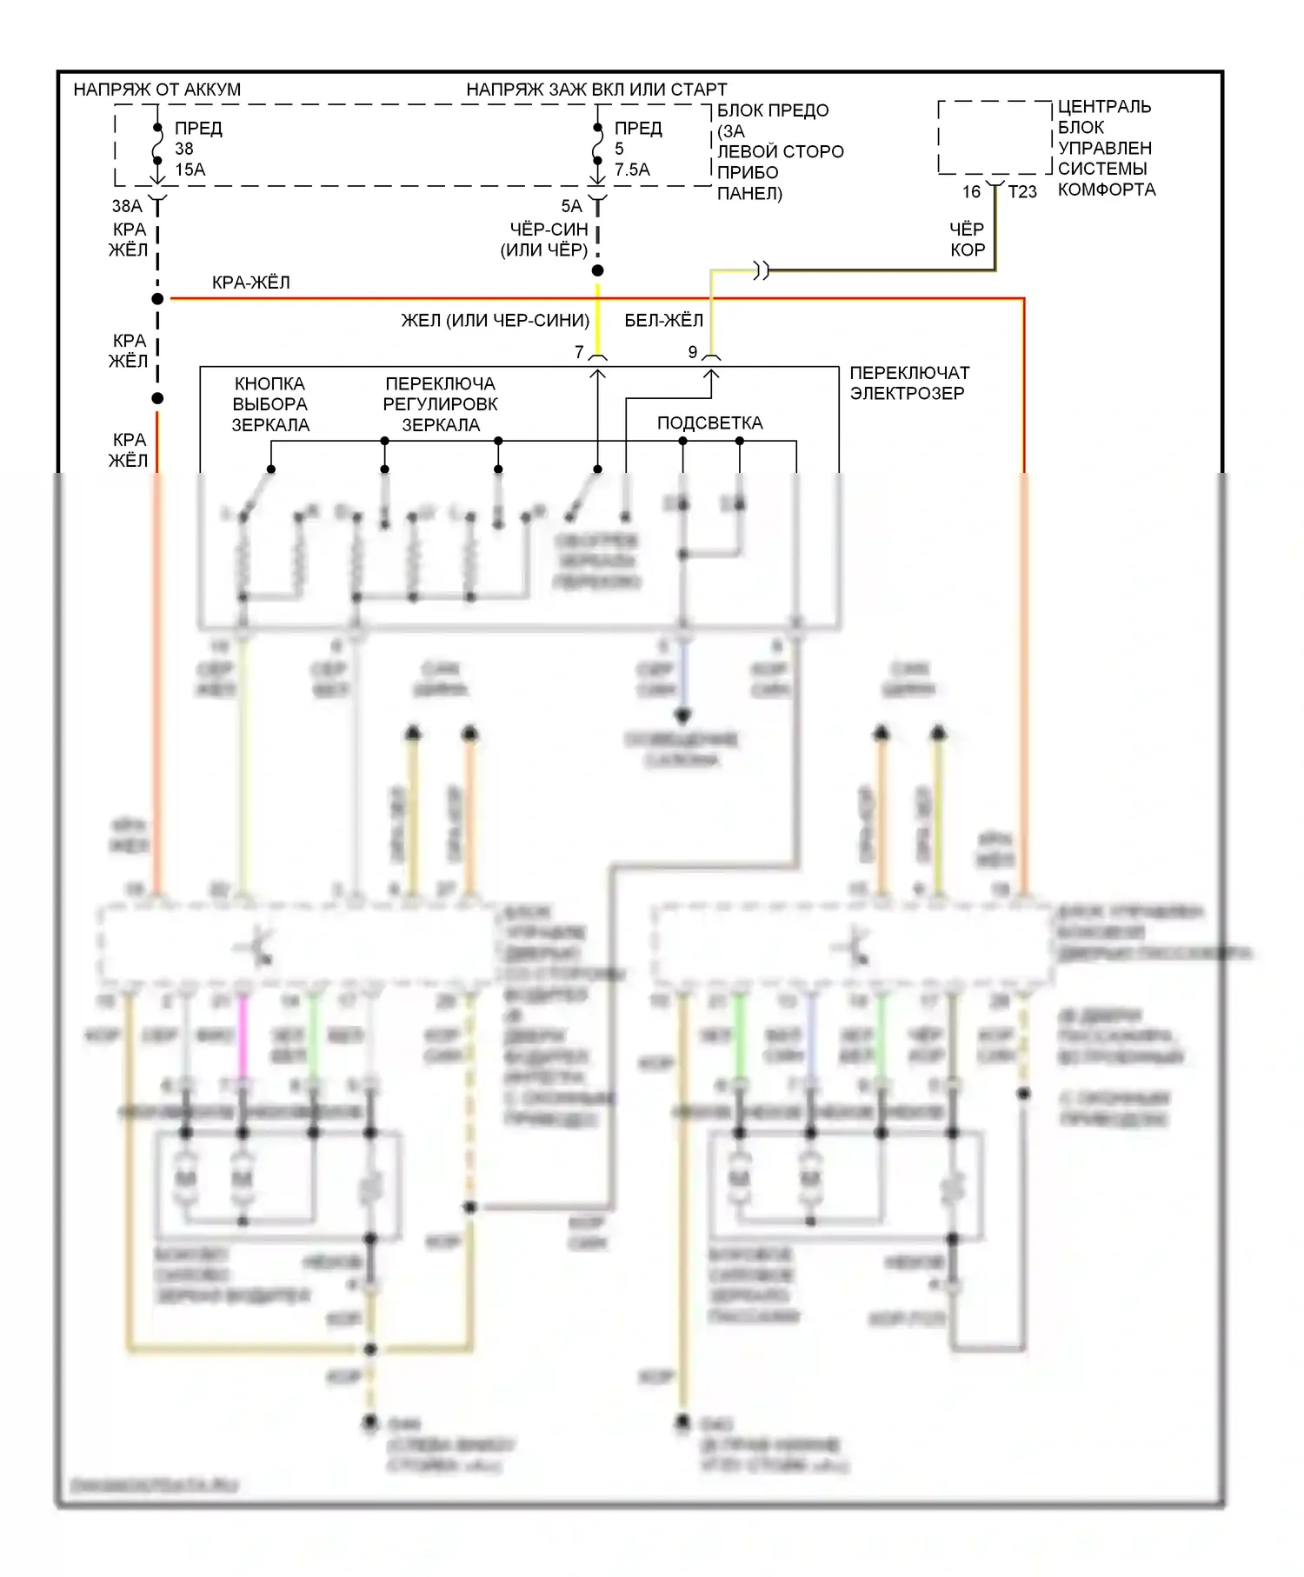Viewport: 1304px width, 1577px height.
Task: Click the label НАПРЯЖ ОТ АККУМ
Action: (x=156, y=90)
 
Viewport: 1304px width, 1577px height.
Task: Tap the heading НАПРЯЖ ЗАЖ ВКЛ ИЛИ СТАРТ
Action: (x=596, y=90)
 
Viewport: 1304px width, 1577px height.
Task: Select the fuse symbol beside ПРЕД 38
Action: (x=157, y=144)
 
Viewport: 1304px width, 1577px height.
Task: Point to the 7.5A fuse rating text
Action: (x=632, y=170)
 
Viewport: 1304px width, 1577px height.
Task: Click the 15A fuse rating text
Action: (x=190, y=170)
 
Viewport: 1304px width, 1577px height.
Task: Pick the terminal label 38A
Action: (x=127, y=206)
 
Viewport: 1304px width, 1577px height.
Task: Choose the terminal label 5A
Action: (x=571, y=206)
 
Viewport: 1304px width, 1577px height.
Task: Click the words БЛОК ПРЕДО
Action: (x=773, y=110)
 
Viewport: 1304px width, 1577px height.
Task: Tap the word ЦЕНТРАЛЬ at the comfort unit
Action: (x=1104, y=107)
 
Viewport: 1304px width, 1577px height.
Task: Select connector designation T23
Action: (x=1022, y=192)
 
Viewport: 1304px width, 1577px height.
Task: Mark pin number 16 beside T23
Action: (x=971, y=192)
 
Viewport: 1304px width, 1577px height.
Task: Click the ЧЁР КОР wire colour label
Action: (x=967, y=239)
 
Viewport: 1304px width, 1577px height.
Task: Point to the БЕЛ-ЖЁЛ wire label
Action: (x=664, y=321)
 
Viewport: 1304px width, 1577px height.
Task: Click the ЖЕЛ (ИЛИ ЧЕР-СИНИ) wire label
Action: (x=495, y=321)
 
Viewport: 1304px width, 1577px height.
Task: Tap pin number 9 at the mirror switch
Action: (x=693, y=352)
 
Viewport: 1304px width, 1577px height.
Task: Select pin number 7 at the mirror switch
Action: (x=579, y=352)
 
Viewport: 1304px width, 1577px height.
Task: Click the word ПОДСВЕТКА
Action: (x=709, y=423)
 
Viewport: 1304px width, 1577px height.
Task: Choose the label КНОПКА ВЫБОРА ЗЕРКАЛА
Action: (x=270, y=404)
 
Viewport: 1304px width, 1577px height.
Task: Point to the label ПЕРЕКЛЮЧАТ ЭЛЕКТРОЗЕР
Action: (x=908, y=383)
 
